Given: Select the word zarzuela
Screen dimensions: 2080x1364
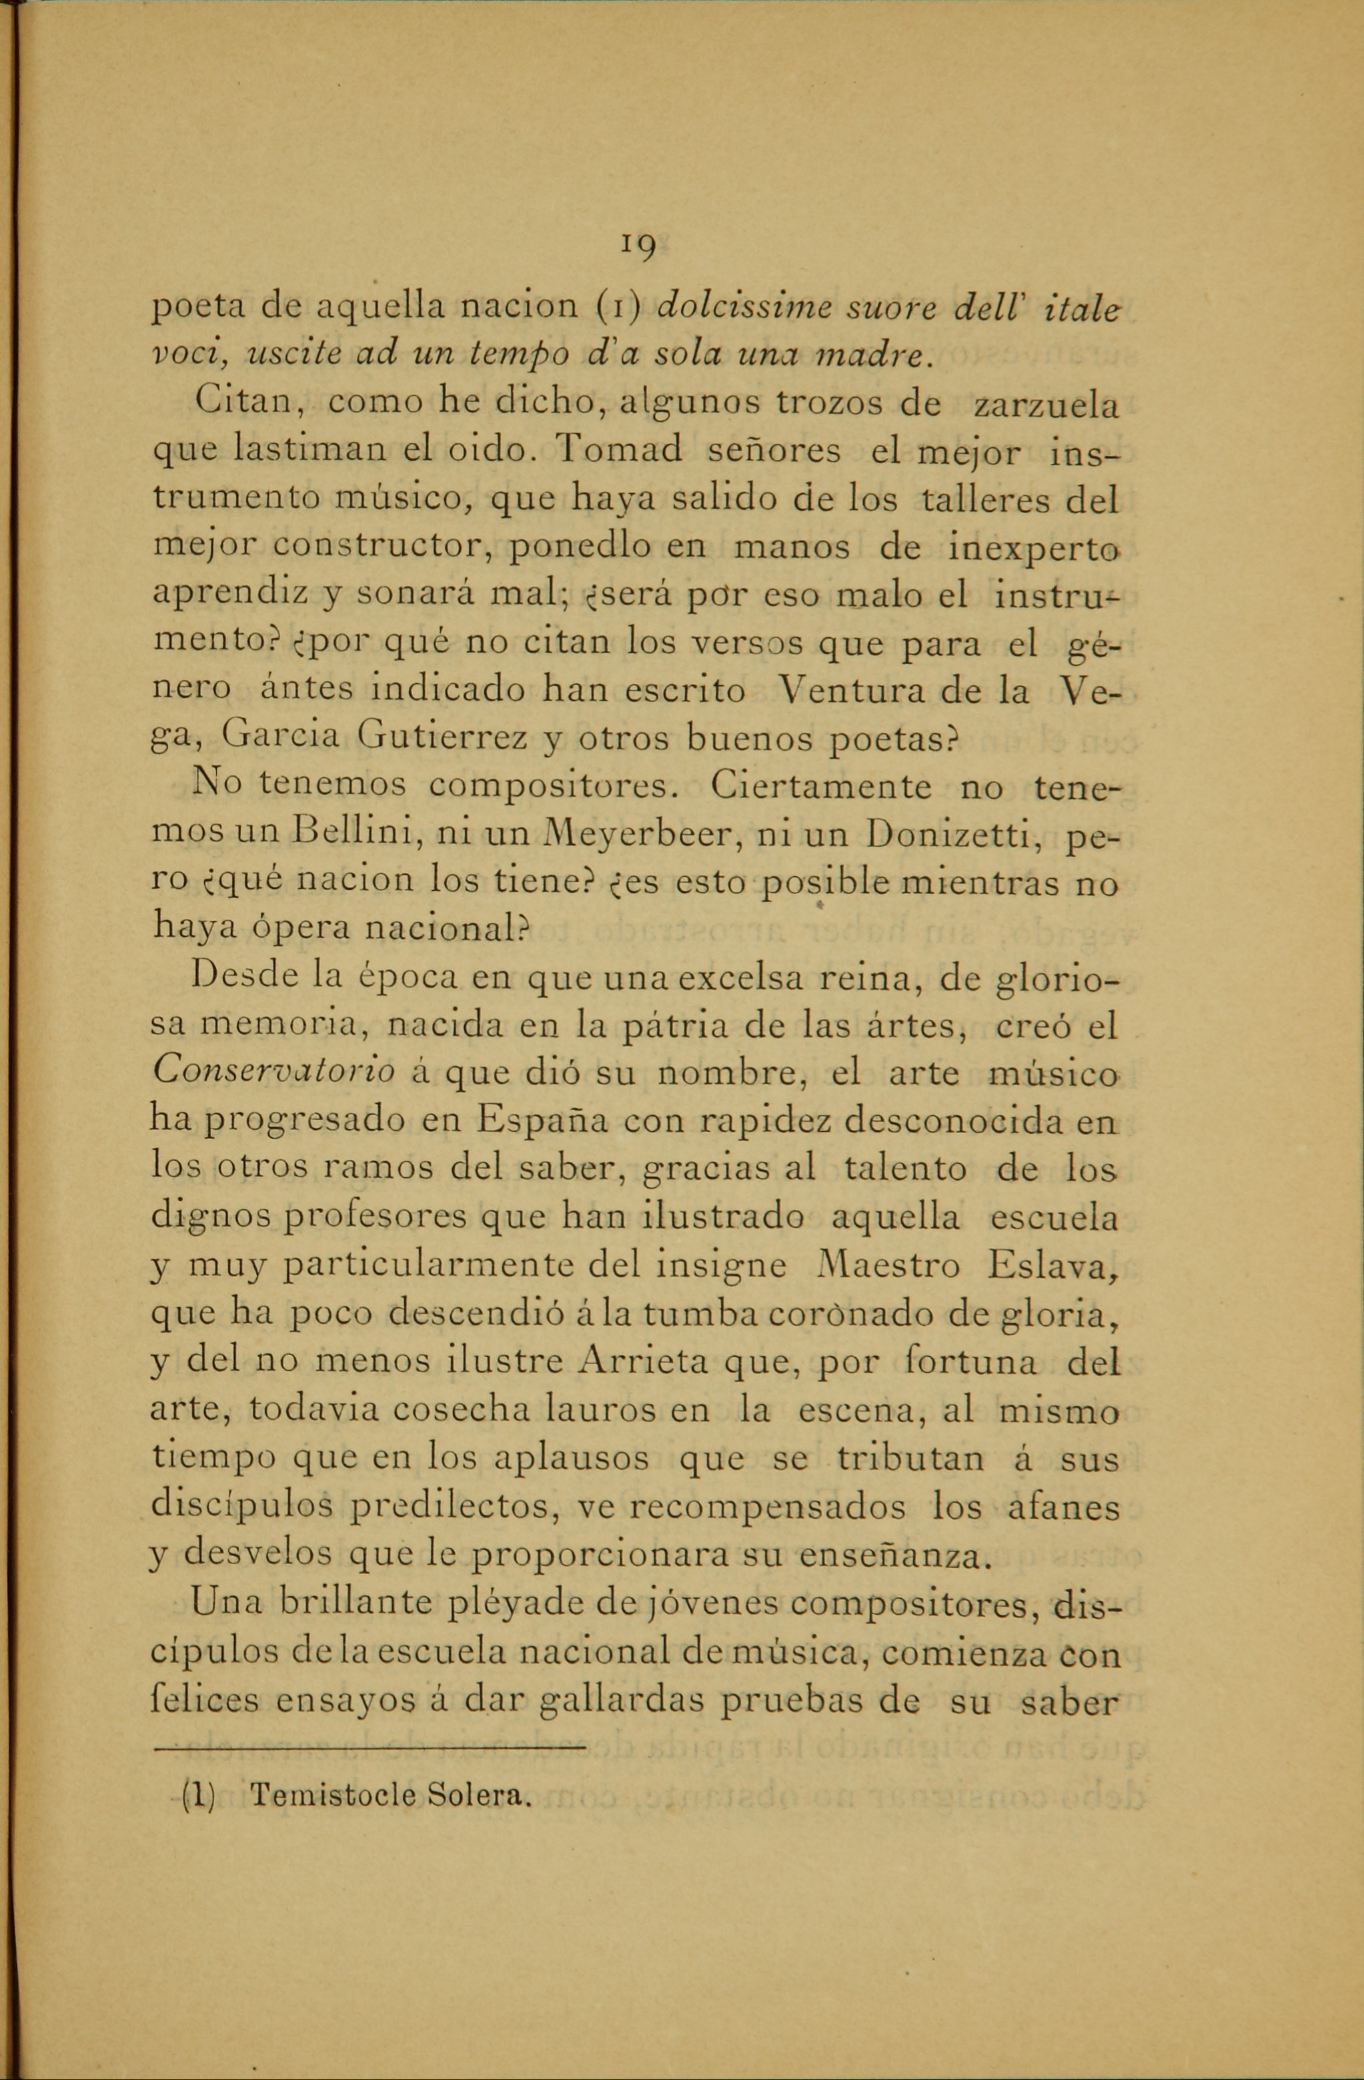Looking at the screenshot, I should (1046, 406).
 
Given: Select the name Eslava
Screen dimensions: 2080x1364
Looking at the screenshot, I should (1051, 1267).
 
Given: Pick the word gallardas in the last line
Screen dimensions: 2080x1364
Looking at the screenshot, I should (619, 1702).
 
